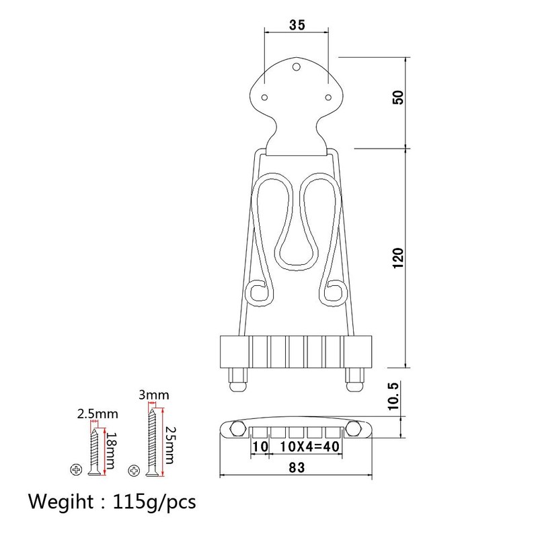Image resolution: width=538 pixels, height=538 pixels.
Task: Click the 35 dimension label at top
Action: pyautogui.click(x=297, y=25)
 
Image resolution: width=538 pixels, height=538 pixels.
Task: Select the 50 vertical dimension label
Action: pyautogui.click(x=398, y=98)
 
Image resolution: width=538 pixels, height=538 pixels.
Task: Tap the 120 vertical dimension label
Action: pyautogui.click(x=398, y=258)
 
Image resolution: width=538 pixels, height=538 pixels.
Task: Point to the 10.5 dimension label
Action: pyautogui.click(x=393, y=396)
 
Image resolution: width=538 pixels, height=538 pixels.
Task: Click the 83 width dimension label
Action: pyautogui.click(x=297, y=467)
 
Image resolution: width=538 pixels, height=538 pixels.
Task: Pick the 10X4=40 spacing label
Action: pyautogui.click(x=310, y=447)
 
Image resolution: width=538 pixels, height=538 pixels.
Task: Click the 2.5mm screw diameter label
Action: pyautogui.click(x=98, y=414)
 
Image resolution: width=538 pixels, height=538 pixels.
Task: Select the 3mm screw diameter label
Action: pyautogui.click(x=154, y=395)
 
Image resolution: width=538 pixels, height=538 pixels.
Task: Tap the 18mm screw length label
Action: pyautogui.click(x=110, y=450)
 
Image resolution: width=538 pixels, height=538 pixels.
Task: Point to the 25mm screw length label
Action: pyautogui.click(x=169, y=445)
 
